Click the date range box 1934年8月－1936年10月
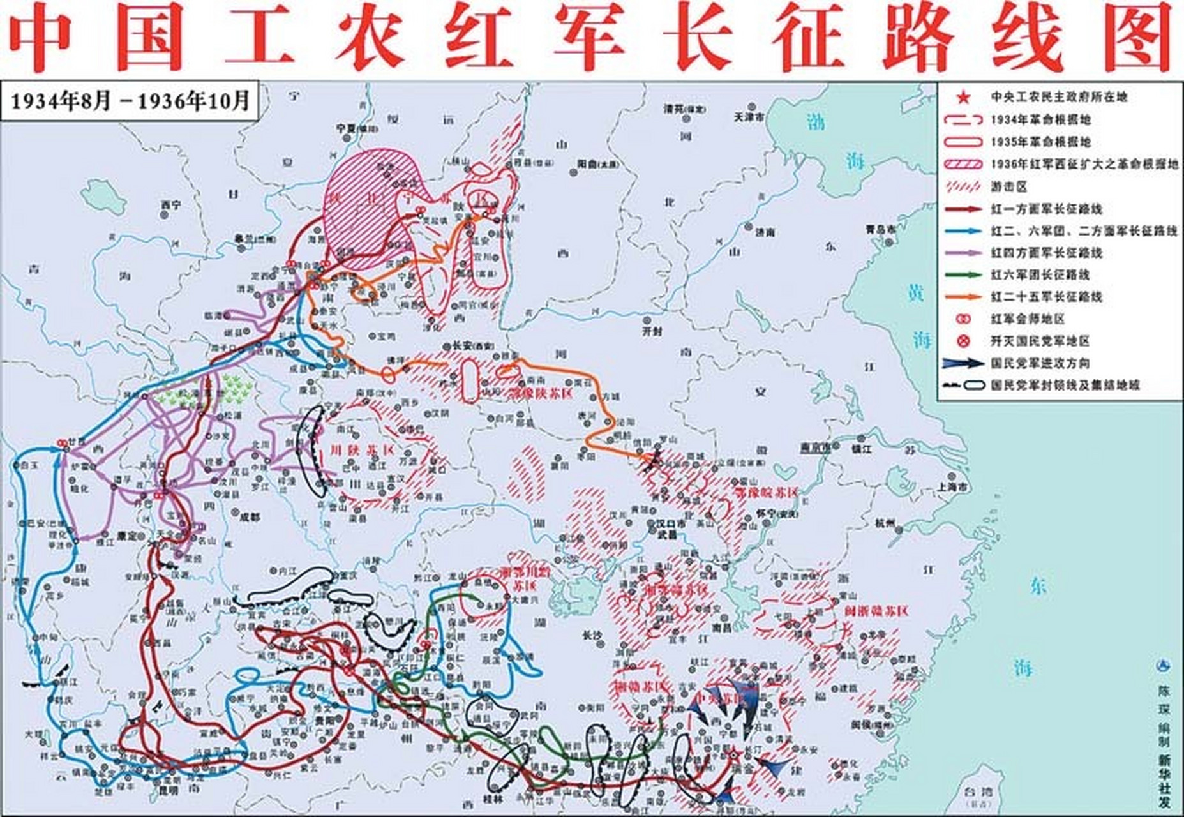(x=130, y=101)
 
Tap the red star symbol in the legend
(x=963, y=97)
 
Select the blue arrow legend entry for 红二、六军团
(x=964, y=230)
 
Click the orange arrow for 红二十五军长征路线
(x=964, y=297)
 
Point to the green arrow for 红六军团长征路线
(x=964, y=274)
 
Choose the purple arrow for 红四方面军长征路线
(x=964, y=253)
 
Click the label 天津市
(x=749, y=117)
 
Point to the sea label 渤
(x=814, y=121)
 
